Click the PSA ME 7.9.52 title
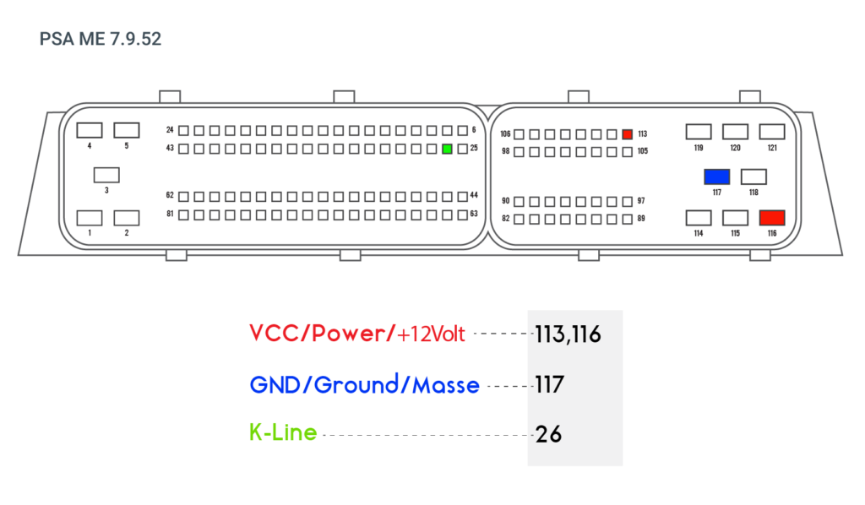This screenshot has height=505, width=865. point(101,39)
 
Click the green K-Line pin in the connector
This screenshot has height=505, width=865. point(448,149)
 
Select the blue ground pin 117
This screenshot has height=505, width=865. point(716,177)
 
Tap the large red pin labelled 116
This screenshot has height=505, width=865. point(772,218)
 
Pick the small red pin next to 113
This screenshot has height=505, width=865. point(628,134)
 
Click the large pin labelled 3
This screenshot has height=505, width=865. point(106,176)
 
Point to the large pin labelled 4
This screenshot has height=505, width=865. point(90,131)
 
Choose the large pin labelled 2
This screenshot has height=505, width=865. point(127,218)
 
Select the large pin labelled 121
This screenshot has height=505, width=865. point(772,132)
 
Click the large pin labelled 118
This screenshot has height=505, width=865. point(753,177)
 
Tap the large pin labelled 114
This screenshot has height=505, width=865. point(699,218)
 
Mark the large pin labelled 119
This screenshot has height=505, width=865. point(699,132)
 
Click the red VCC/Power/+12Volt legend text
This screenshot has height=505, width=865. point(357,334)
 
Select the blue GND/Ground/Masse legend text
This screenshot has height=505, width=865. point(365,385)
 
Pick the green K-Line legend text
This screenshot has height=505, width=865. point(283,432)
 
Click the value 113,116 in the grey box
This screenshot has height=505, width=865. point(568,334)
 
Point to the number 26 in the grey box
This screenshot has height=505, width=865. point(548,434)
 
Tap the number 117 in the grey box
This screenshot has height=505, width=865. point(549,385)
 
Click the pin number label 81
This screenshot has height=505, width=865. point(170,214)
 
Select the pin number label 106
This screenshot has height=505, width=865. point(505,134)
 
